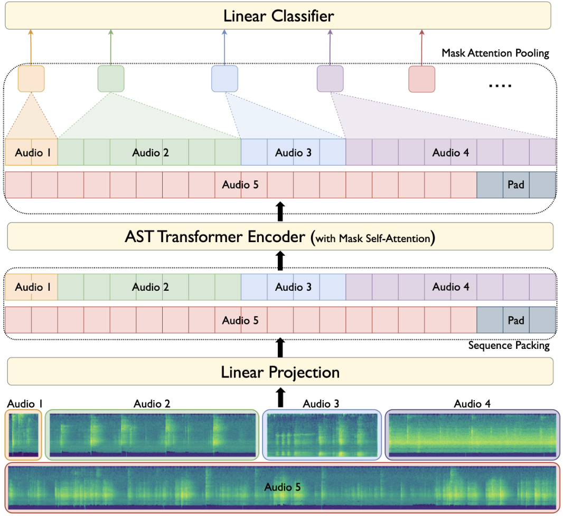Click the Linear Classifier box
pyautogui.click(x=278, y=16)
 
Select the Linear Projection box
pyautogui.click(x=280, y=372)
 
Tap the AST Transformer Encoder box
pyautogui.click(x=280, y=236)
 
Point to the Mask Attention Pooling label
pyautogui.click(x=495, y=53)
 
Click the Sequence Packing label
pyautogui.click(x=509, y=345)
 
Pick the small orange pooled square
pyautogui.click(x=31, y=79)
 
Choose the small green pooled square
pyautogui.click(x=111, y=79)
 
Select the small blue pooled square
pyautogui.click(x=225, y=79)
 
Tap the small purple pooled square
pyautogui.click(x=330, y=79)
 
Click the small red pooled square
pyautogui.click(x=421, y=79)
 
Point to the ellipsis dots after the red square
pyautogui.click(x=500, y=85)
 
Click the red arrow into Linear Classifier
pyautogui.click(x=421, y=48)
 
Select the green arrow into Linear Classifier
pyautogui.click(x=111, y=48)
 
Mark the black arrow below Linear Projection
pyautogui.click(x=280, y=398)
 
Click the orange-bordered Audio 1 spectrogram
pyautogui.click(x=23, y=435)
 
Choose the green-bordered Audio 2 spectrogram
pyautogui.click(x=152, y=435)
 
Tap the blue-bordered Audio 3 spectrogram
pyautogui.click(x=322, y=435)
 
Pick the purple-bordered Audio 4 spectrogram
pyautogui.click(x=472, y=435)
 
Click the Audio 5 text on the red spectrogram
pyautogui.click(x=283, y=487)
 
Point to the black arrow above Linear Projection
pyautogui.click(x=280, y=348)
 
